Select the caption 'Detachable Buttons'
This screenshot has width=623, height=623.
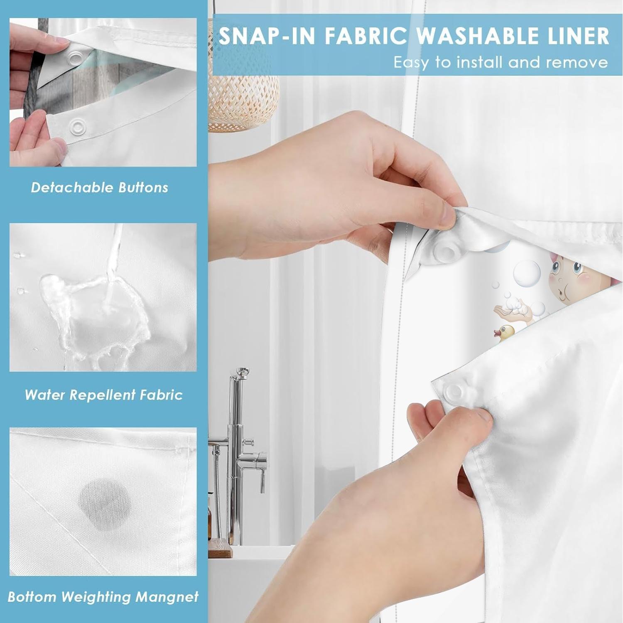pyautogui.click(x=99, y=188)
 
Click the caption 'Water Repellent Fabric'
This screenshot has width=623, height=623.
pyautogui.click(x=103, y=395)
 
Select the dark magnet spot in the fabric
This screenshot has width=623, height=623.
pyautogui.click(x=105, y=503)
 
